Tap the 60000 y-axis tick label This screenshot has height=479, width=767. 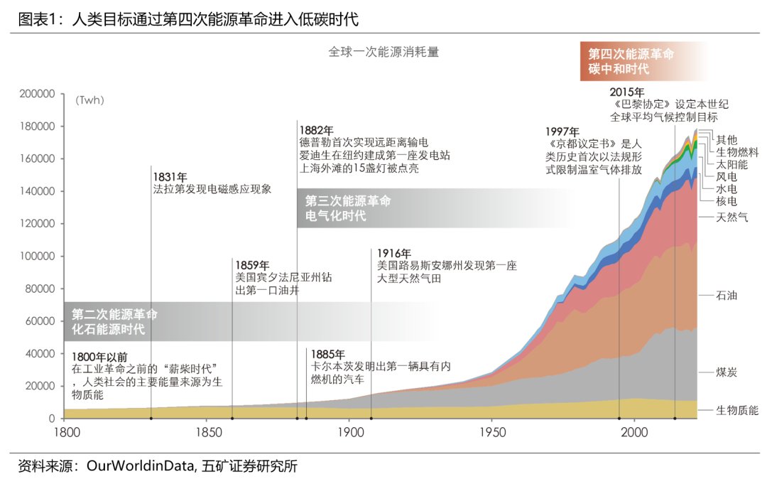[40, 321]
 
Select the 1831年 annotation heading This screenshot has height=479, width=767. [170, 177]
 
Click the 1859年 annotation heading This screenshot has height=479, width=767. [253, 265]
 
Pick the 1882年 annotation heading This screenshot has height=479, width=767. [316, 130]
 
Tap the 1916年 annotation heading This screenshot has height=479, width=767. [394, 253]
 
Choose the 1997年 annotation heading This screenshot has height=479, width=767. [563, 131]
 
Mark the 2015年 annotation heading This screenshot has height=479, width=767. [628, 92]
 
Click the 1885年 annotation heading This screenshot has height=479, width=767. [328, 354]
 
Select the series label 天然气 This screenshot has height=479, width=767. [731, 217]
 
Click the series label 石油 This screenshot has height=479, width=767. [727, 295]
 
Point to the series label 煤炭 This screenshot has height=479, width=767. [727, 372]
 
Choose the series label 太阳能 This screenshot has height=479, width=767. [731, 164]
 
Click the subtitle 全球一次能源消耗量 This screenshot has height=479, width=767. [383, 52]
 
